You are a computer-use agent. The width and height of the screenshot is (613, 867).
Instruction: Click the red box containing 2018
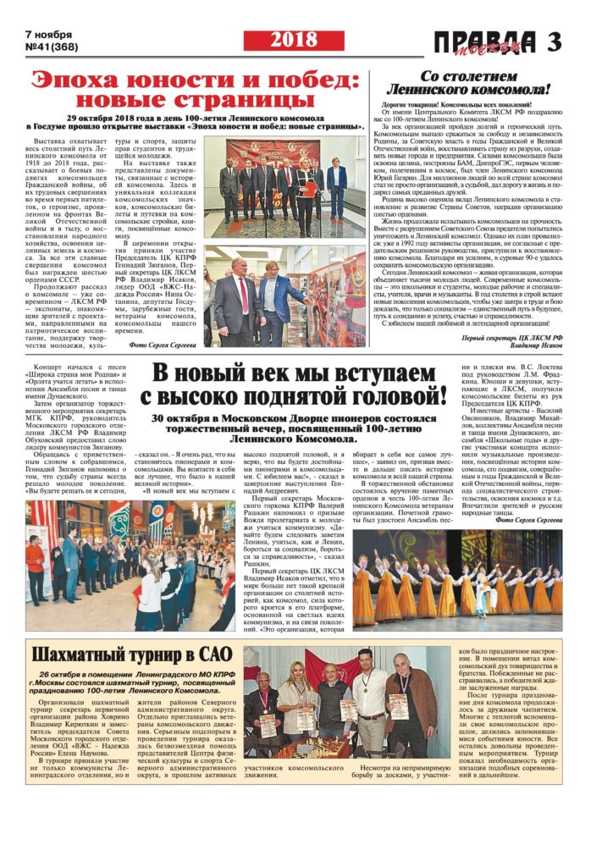coord(295,40)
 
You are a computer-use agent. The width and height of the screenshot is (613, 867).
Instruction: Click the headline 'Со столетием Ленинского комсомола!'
coord(468,82)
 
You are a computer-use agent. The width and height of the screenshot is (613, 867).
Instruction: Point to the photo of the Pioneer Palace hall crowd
coord(130,566)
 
